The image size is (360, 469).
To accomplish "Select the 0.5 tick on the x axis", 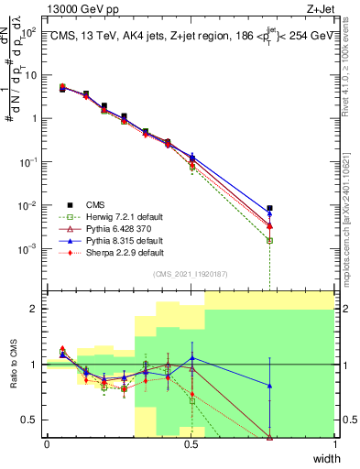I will click(191, 444).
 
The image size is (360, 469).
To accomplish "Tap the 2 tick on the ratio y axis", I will click(35, 309).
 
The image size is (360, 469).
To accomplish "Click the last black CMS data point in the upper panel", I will click(269, 208).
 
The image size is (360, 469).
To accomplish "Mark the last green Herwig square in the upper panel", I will click(269, 240).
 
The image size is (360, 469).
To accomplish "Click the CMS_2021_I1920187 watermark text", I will click(191, 274).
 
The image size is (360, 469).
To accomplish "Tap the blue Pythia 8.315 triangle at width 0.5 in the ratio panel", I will click(191, 358).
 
